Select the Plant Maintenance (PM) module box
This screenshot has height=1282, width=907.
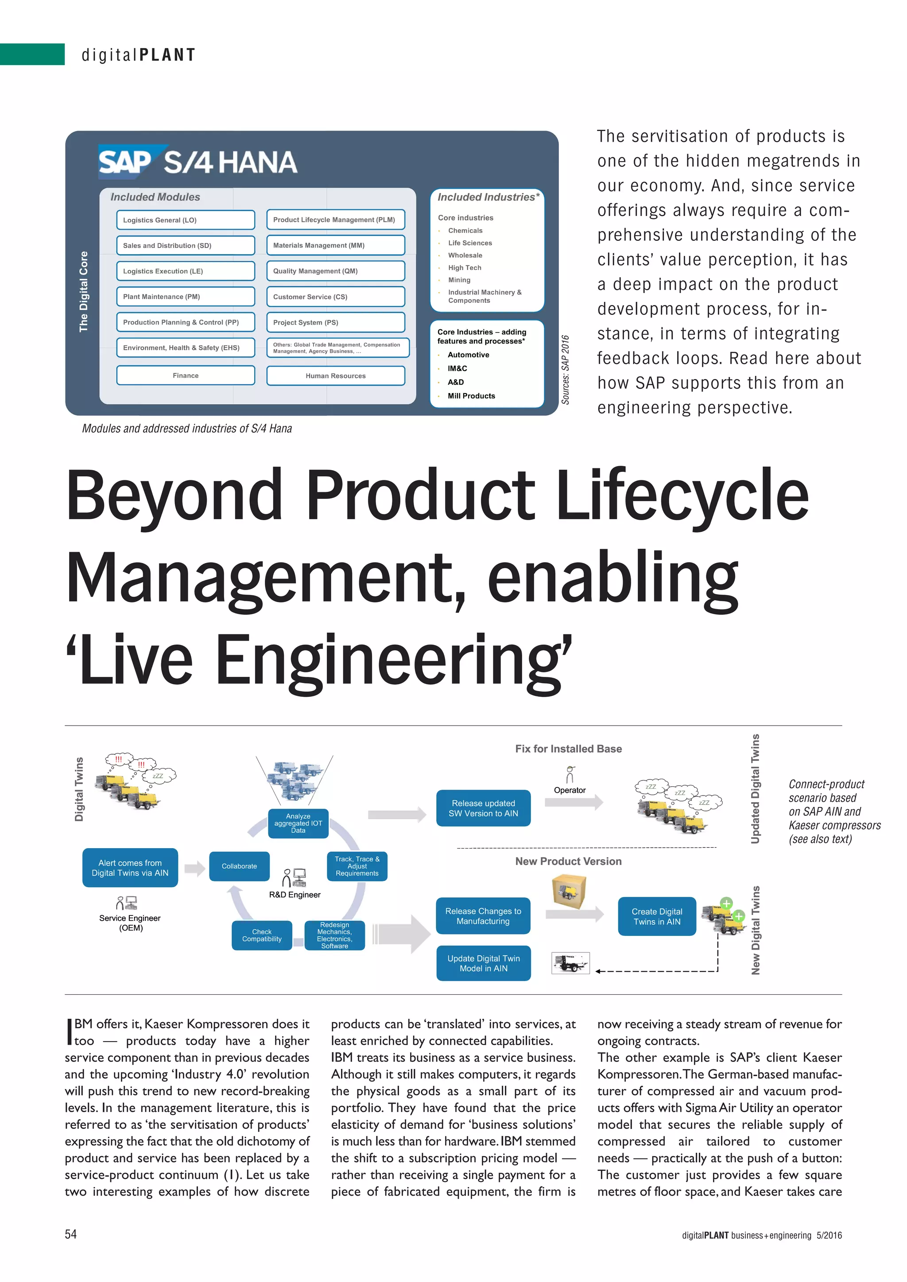click(186, 297)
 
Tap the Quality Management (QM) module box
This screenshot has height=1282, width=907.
click(335, 271)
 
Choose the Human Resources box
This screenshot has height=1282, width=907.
click(335, 376)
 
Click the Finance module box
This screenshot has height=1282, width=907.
click(186, 375)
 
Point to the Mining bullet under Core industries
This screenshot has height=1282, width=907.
click(459, 280)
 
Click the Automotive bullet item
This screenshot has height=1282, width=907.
click(468, 355)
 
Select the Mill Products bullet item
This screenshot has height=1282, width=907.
click(471, 396)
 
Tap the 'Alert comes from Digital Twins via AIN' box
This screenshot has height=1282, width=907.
click(130, 868)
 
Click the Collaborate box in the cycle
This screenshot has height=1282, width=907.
click(239, 866)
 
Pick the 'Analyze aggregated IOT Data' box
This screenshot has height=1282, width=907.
click(298, 823)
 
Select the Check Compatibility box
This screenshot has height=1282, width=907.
click(262, 935)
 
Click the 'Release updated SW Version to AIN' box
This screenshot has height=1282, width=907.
click(483, 808)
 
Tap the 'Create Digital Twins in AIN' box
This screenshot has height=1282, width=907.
click(657, 916)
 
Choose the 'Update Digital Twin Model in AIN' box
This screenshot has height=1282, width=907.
click(483, 963)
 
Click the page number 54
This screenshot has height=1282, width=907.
click(71, 1234)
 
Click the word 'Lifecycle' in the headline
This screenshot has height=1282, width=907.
click(682, 495)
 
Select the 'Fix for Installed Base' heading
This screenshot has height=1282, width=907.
click(568, 749)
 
